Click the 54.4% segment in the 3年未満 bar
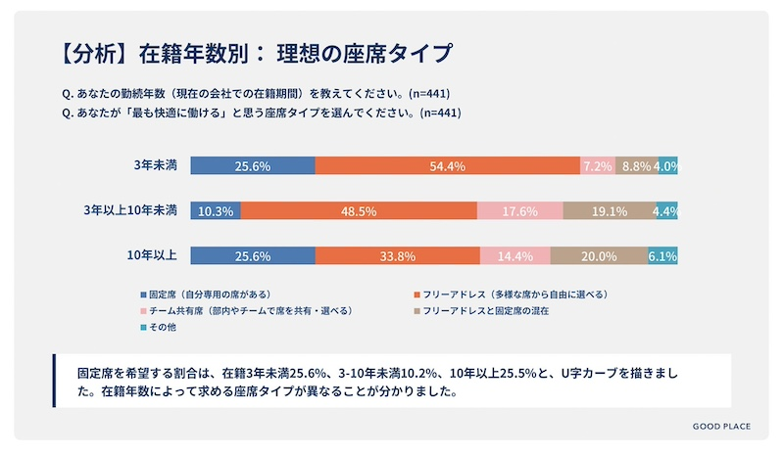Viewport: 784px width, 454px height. click(x=447, y=166)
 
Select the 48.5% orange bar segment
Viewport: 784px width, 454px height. click(x=359, y=211)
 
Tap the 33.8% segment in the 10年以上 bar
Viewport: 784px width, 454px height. click(x=397, y=256)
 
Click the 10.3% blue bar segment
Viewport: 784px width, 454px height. click(x=215, y=211)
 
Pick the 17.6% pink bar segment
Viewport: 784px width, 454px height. click(x=519, y=211)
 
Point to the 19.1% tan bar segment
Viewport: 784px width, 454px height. click(x=609, y=211)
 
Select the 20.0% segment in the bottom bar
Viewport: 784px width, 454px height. click(x=598, y=256)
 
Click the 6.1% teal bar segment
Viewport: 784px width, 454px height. click(x=662, y=256)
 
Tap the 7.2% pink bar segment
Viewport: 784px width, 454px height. click(x=598, y=166)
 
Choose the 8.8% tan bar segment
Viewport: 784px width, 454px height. click(x=635, y=166)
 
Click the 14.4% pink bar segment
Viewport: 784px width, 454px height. click(x=514, y=256)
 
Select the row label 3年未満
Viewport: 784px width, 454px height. click(x=155, y=165)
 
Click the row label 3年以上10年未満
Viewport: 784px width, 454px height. click(x=130, y=210)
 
